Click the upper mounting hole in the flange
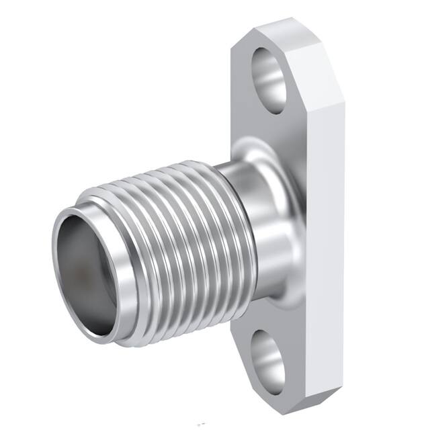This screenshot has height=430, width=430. point(270,79)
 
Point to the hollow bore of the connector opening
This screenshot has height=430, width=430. point(84,269)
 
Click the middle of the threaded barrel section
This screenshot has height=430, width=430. point(161,242)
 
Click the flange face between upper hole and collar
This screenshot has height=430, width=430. point(265,124)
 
